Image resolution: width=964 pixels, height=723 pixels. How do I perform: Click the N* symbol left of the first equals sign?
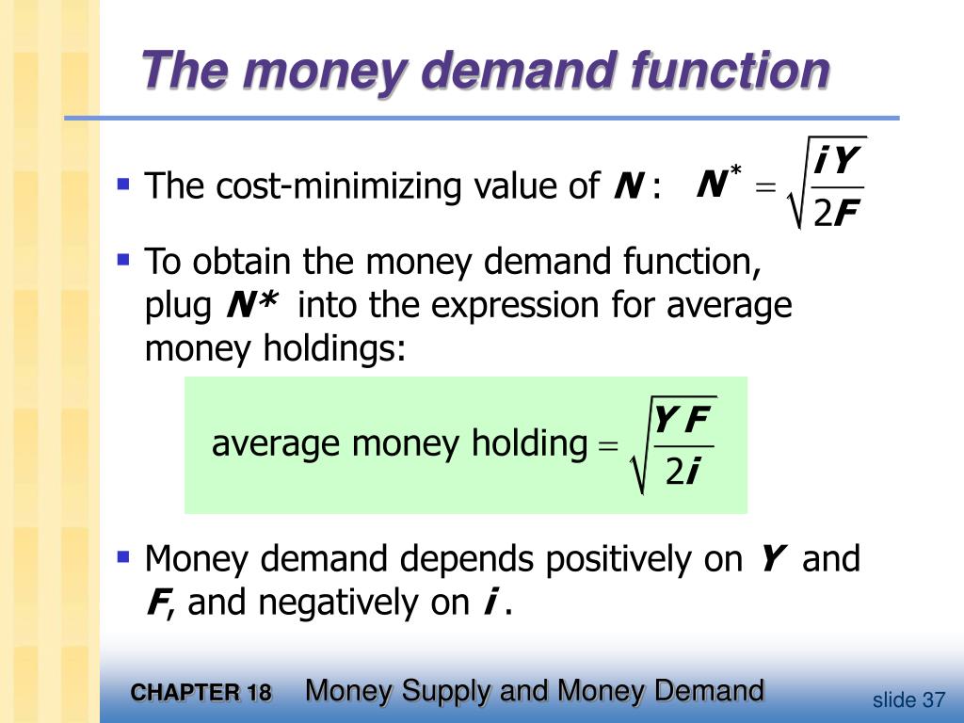(x=718, y=185)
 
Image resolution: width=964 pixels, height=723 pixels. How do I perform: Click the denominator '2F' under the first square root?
(x=835, y=214)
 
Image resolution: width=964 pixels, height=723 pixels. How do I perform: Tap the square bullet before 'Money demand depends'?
(x=122, y=556)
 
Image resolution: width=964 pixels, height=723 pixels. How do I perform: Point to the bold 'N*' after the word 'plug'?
(x=251, y=305)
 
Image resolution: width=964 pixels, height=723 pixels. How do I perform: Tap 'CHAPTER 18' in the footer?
(x=201, y=694)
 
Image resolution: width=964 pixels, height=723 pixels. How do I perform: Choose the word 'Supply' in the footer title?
(x=446, y=691)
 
